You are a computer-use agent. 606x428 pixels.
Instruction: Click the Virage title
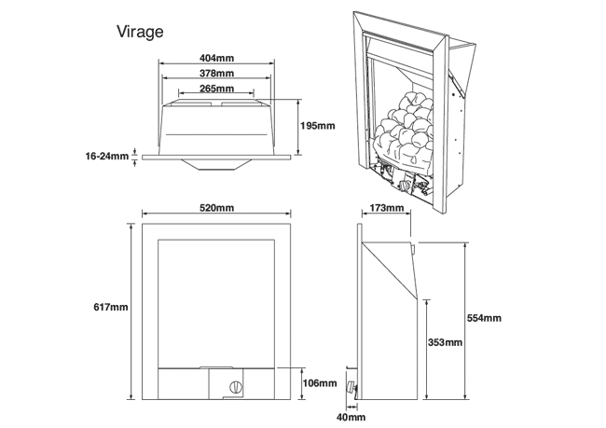pyautogui.click(x=141, y=32)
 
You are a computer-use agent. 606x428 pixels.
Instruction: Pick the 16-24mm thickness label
pyautogui.click(x=107, y=156)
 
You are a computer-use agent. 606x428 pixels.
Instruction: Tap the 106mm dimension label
pyautogui.click(x=320, y=383)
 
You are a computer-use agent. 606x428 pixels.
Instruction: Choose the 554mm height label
pyautogui.click(x=485, y=318)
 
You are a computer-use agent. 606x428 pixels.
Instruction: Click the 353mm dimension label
pyautogui.click(x=444, y=343)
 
